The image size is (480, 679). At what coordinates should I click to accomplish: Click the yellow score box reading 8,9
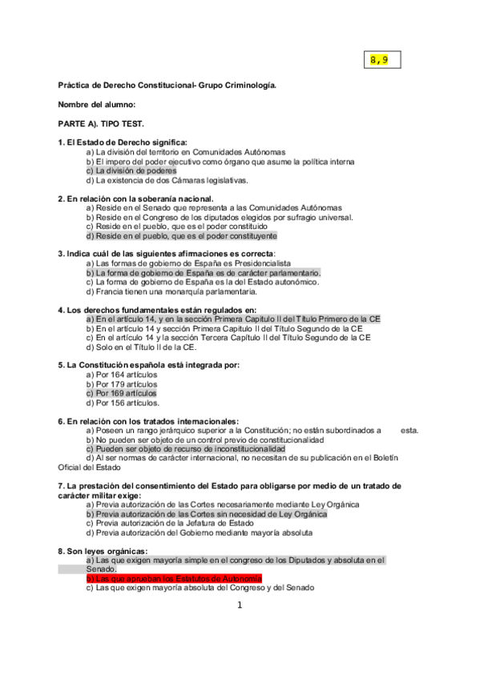[x=380, y=60]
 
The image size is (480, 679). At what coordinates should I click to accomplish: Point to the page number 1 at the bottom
[x=239, y=605]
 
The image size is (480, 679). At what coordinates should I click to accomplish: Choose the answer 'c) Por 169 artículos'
[x=122, y=394]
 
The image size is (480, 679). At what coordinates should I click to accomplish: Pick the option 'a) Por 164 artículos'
[x=122, y=375]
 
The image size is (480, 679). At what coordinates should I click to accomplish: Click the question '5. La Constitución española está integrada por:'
[x=148, y=365]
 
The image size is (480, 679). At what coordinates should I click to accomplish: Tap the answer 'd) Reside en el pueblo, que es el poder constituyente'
[x=181, y=236]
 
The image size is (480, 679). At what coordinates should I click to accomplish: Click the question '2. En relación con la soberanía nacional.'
[x=135, y=198]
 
